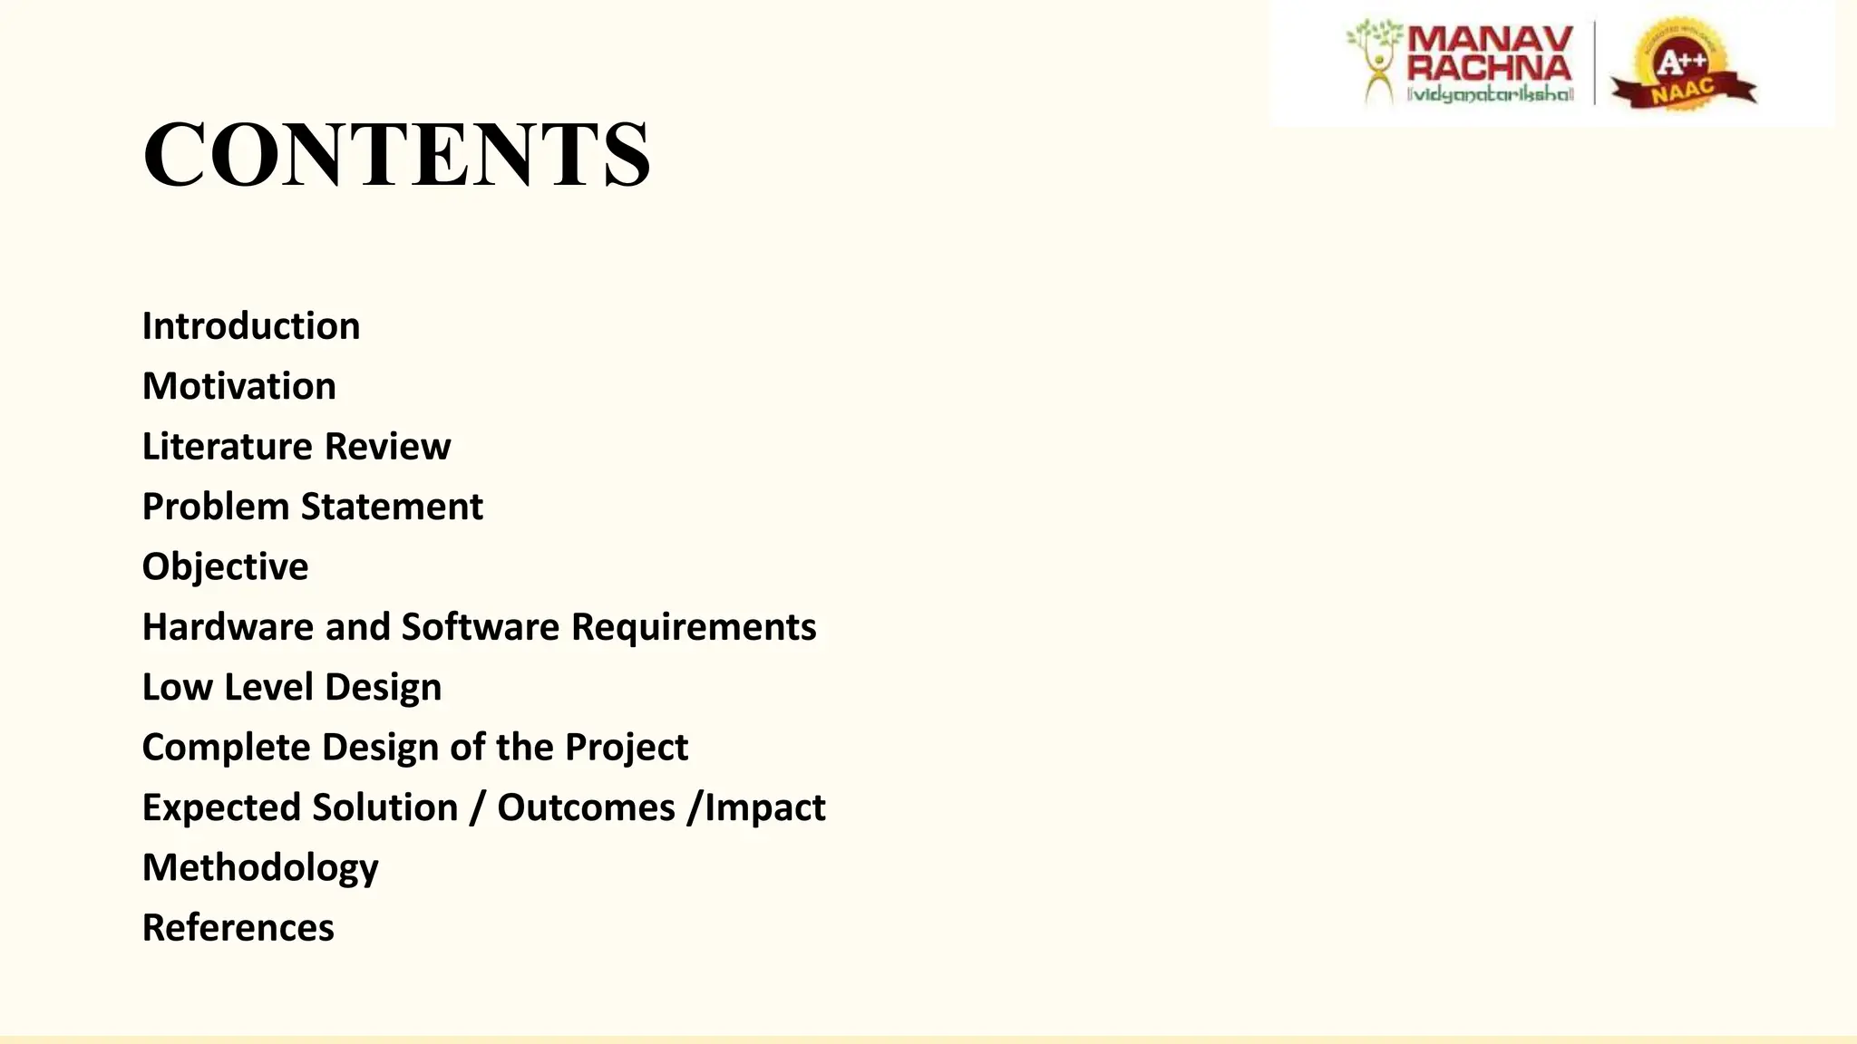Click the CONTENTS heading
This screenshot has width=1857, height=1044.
[396, 154]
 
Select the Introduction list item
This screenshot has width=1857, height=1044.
[251, 326]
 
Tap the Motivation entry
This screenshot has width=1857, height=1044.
[239, 386]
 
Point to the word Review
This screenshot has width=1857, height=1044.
[387, 447]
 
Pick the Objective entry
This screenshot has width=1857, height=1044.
[226, 567]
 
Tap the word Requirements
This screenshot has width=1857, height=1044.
[694, 627]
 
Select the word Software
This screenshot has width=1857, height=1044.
[481, 627]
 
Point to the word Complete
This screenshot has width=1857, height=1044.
[227, 748]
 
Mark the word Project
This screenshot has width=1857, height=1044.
[627, 748]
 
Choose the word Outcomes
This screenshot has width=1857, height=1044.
[586, 807]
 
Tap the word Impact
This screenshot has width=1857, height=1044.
[765, 807]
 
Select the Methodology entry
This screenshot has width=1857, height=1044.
[260, 868]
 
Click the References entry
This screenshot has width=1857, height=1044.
[238, 928]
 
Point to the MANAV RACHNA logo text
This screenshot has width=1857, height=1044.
[1489, 54]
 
